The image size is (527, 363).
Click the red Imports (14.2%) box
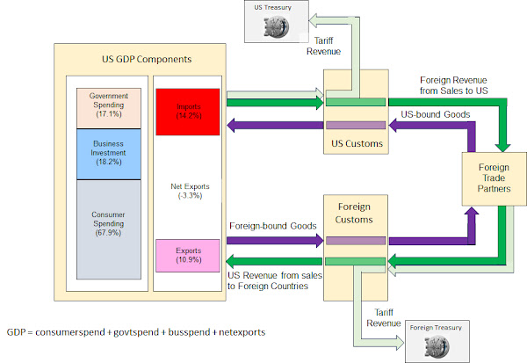[x=188, y=112]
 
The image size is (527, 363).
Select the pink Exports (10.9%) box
[x=188, y=256]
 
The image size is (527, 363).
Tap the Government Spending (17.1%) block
[x=109, y=108]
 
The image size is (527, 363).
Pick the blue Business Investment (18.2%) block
[x=109, y=154]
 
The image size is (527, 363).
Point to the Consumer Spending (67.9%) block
[x=109, y=229]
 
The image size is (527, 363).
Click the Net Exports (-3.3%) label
[x=190, y=191]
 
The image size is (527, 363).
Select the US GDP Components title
[x=147, y=59]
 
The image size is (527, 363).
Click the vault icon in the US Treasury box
[x=277, y=26]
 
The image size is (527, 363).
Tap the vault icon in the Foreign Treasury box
[x=437, y=346]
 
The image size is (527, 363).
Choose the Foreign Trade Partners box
[x=494, y=179]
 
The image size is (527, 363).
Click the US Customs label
[x=357, y=143]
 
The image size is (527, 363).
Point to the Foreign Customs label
[x=354, y=213]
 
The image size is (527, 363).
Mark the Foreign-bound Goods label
[x=273, y=226]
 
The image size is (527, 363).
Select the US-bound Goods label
[x=436, y=114]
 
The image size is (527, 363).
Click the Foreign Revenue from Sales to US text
[x=454, y=85]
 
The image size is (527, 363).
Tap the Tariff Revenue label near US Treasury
[x=323, y=46]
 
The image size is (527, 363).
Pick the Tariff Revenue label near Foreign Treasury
[x=384, y=318]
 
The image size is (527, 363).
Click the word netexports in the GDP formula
[x=242, y=332]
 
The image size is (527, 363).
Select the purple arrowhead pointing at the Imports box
[x=231, y=126]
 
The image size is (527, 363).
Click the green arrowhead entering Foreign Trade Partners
[x=502, y=148]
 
